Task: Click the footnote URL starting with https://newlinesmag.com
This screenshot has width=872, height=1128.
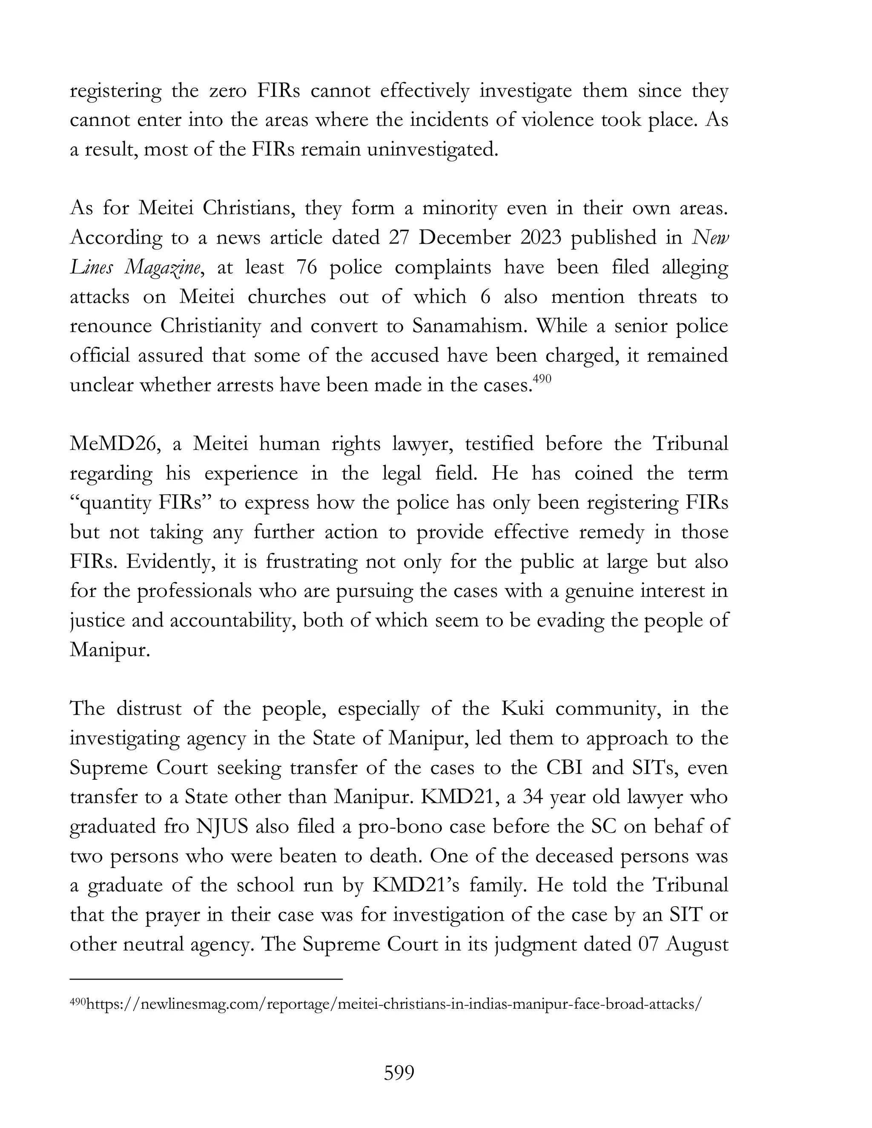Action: (393, 1004)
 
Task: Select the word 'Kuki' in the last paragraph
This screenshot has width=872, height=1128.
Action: (522, 709)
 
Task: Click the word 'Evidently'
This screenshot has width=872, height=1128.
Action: (170, 561)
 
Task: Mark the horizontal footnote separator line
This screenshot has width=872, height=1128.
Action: (206, 979)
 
